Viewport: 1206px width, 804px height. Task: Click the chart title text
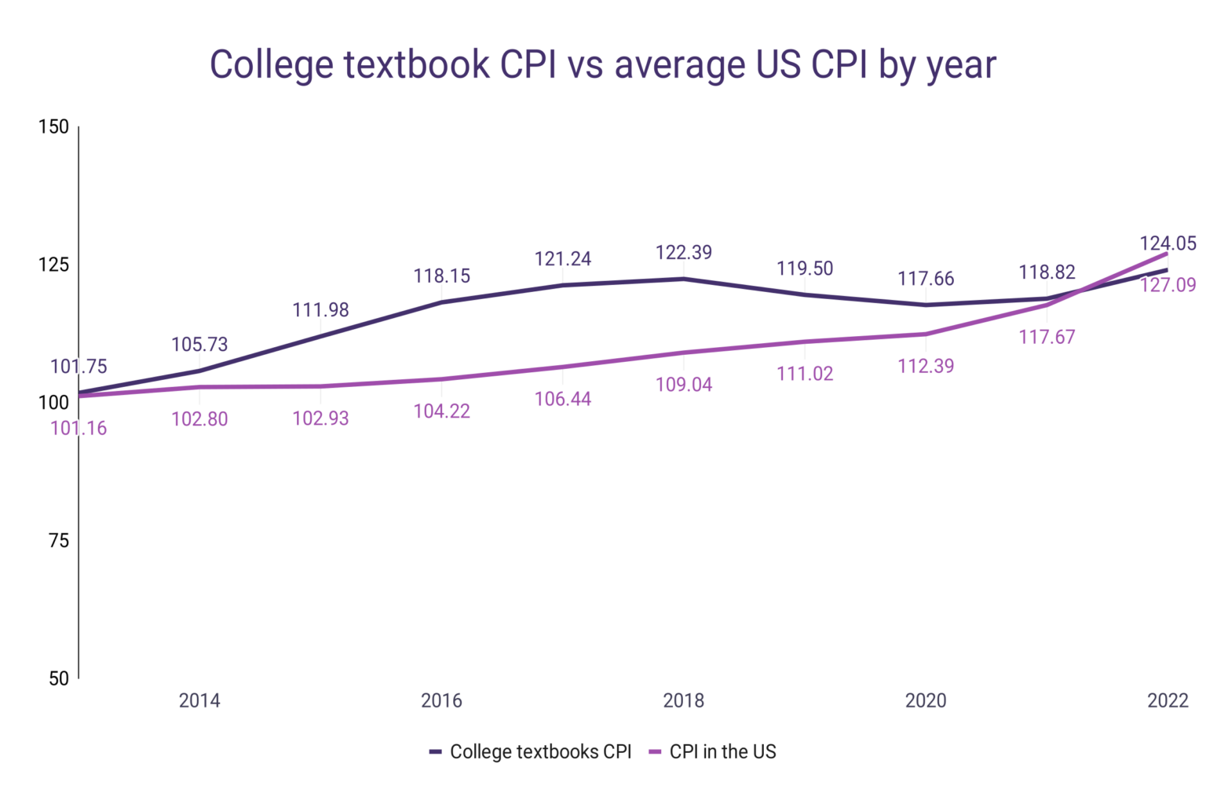[x=602, y=64]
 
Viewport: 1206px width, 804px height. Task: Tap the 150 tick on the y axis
[x=53, y=127]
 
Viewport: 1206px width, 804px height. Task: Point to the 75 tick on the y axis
[x=59, y=540]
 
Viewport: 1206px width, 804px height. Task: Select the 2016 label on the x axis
[x=441, y=700]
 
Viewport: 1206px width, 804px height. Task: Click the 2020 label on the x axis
[x=926, y=700]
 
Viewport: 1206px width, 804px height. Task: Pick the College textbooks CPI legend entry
[x=531, y=751]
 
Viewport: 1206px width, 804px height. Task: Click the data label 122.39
[x=684, y=252]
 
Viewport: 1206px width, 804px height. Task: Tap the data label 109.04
[x=684, y=385]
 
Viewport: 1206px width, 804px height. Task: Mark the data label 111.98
[x=320, y=310]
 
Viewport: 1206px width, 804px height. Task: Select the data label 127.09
[x=1168, y=285]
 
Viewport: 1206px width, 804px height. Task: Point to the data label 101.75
[x=79, y=367]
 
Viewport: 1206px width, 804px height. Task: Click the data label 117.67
[x=1047, y=337]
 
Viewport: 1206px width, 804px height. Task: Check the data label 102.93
[x=320, y=418]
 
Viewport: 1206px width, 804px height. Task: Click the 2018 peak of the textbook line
[x=684, y=279]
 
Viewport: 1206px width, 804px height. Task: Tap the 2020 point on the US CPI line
[x=926, y=334]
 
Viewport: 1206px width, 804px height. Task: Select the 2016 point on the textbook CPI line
[x=441, y=302]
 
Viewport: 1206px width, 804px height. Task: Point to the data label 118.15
[x=441, y=276]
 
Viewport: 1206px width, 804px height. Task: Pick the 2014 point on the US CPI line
[x=199, y=387]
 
